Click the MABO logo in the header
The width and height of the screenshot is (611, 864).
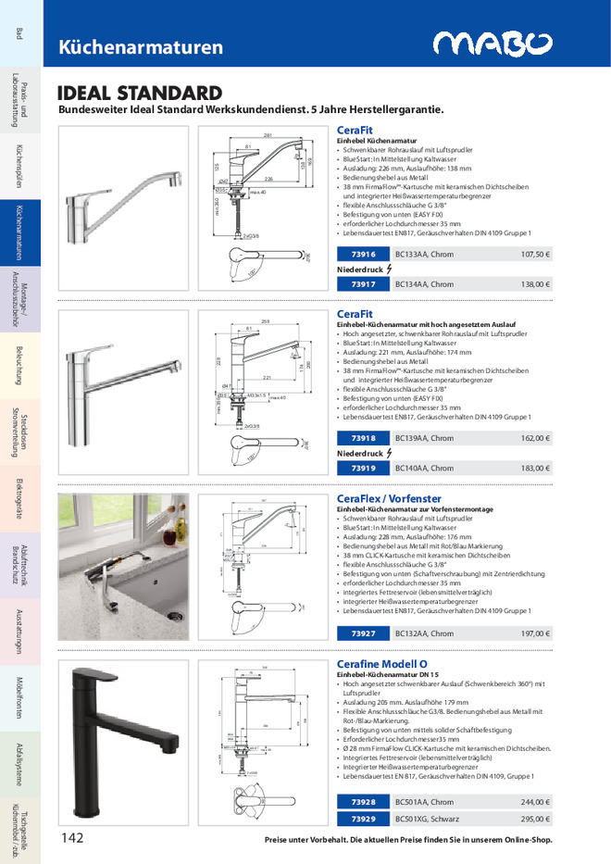coord(493,44)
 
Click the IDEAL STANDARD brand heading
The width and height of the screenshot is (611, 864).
coord(140,94)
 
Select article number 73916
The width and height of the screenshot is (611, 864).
coord(364,254)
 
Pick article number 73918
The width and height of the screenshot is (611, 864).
coord(364,438)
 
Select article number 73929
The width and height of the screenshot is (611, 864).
coord(364,819)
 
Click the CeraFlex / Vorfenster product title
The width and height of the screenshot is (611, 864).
coord(389,498)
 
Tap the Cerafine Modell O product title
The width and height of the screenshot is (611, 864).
coord(381,665)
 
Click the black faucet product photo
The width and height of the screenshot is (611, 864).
coord(122,741)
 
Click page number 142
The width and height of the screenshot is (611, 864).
coord(74,837)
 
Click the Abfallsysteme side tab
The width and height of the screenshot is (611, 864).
coord(19,764)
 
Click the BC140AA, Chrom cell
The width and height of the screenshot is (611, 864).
coord(424,469)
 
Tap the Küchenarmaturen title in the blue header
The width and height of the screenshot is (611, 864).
coord(141,47)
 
